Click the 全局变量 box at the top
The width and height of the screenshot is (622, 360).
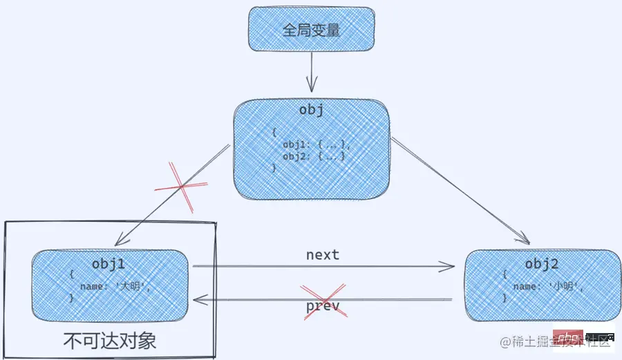(x=311, y=30)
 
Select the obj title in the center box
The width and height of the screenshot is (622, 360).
(x=311, y=111)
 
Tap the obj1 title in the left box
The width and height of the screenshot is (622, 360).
(x=109, y=264)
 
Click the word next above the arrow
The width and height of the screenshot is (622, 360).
(x=323, y=254)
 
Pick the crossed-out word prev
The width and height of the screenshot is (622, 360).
(x=323, y=305)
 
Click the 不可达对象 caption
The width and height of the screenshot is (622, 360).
(x=110, y=340)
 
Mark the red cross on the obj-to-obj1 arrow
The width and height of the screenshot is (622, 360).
(x=181, y=186)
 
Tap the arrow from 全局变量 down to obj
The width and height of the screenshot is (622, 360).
(x=312, y=73)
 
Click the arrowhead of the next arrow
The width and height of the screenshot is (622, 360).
(x=449, y=266)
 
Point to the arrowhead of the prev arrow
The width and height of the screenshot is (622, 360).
(x=198, y=301)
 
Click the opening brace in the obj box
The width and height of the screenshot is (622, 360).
(x=274, y=132)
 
